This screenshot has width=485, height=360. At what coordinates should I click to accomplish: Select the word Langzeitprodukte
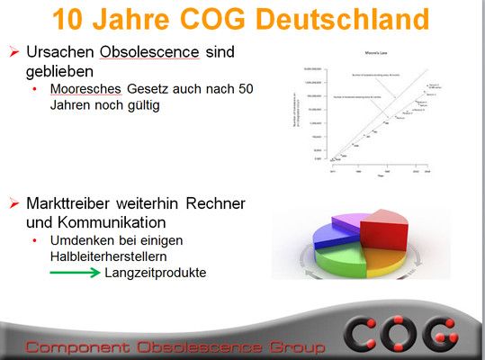155,271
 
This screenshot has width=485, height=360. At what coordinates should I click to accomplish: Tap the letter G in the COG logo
453,334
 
